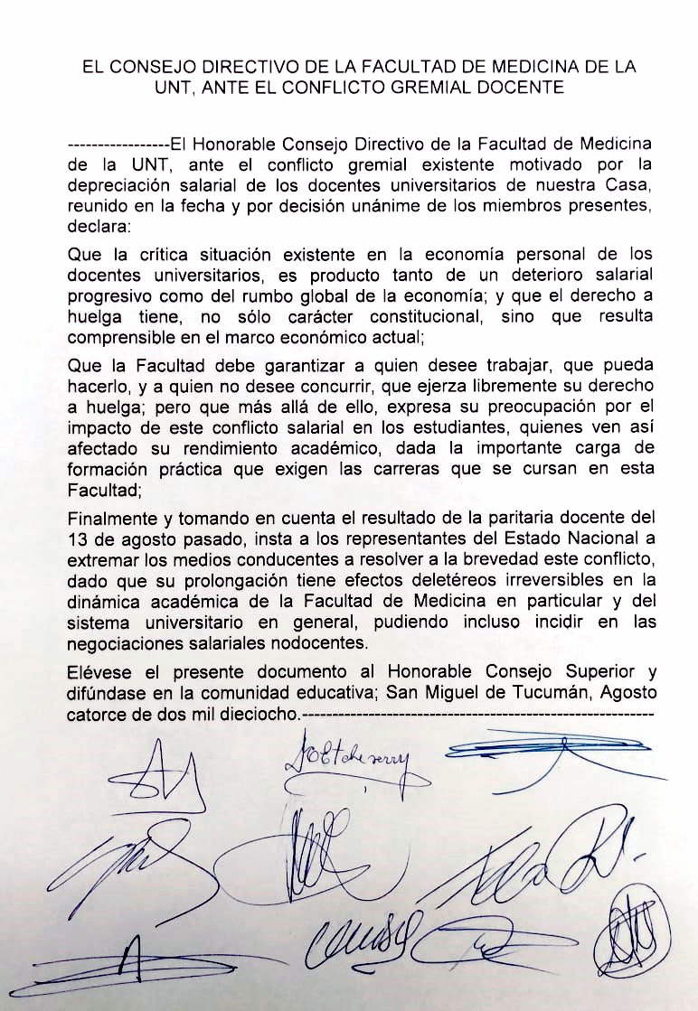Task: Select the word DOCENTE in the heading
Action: point(531,88)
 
